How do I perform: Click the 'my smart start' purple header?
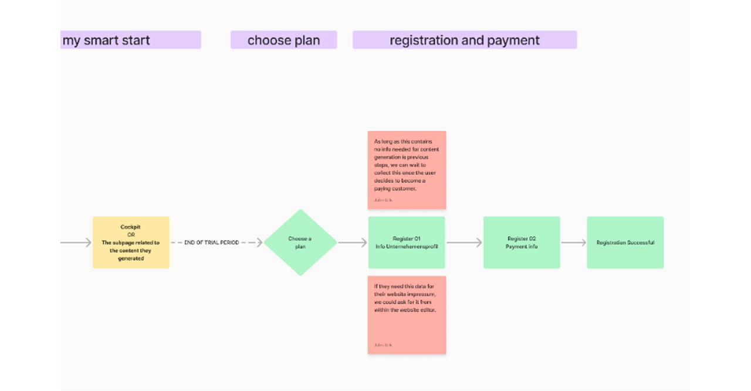[x=130, y=40]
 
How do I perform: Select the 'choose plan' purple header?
[x=283, y=40]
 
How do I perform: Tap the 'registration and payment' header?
[x=464, y=40]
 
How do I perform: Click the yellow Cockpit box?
[x=131, y=243]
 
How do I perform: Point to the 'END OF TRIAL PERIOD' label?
[x=211, y=243]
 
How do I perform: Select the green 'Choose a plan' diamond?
[x=300, y=243]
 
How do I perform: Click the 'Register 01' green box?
[x=407, y=243]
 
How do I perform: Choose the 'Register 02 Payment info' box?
[x=521, y=243]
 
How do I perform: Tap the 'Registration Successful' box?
[x=625, y=243]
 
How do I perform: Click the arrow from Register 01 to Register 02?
[x=464, y=243]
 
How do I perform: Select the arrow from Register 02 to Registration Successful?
[x=573, y=243]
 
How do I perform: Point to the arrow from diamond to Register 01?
[x=353, y=243]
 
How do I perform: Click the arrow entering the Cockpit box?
[x=76, y=243]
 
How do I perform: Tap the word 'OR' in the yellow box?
[x=131, y=234]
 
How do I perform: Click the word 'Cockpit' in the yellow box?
[x=131, y=227]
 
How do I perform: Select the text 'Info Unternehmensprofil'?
[x=407, y=247]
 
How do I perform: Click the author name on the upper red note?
[x=383, y=200]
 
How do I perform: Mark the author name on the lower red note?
[x=383, y=345]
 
